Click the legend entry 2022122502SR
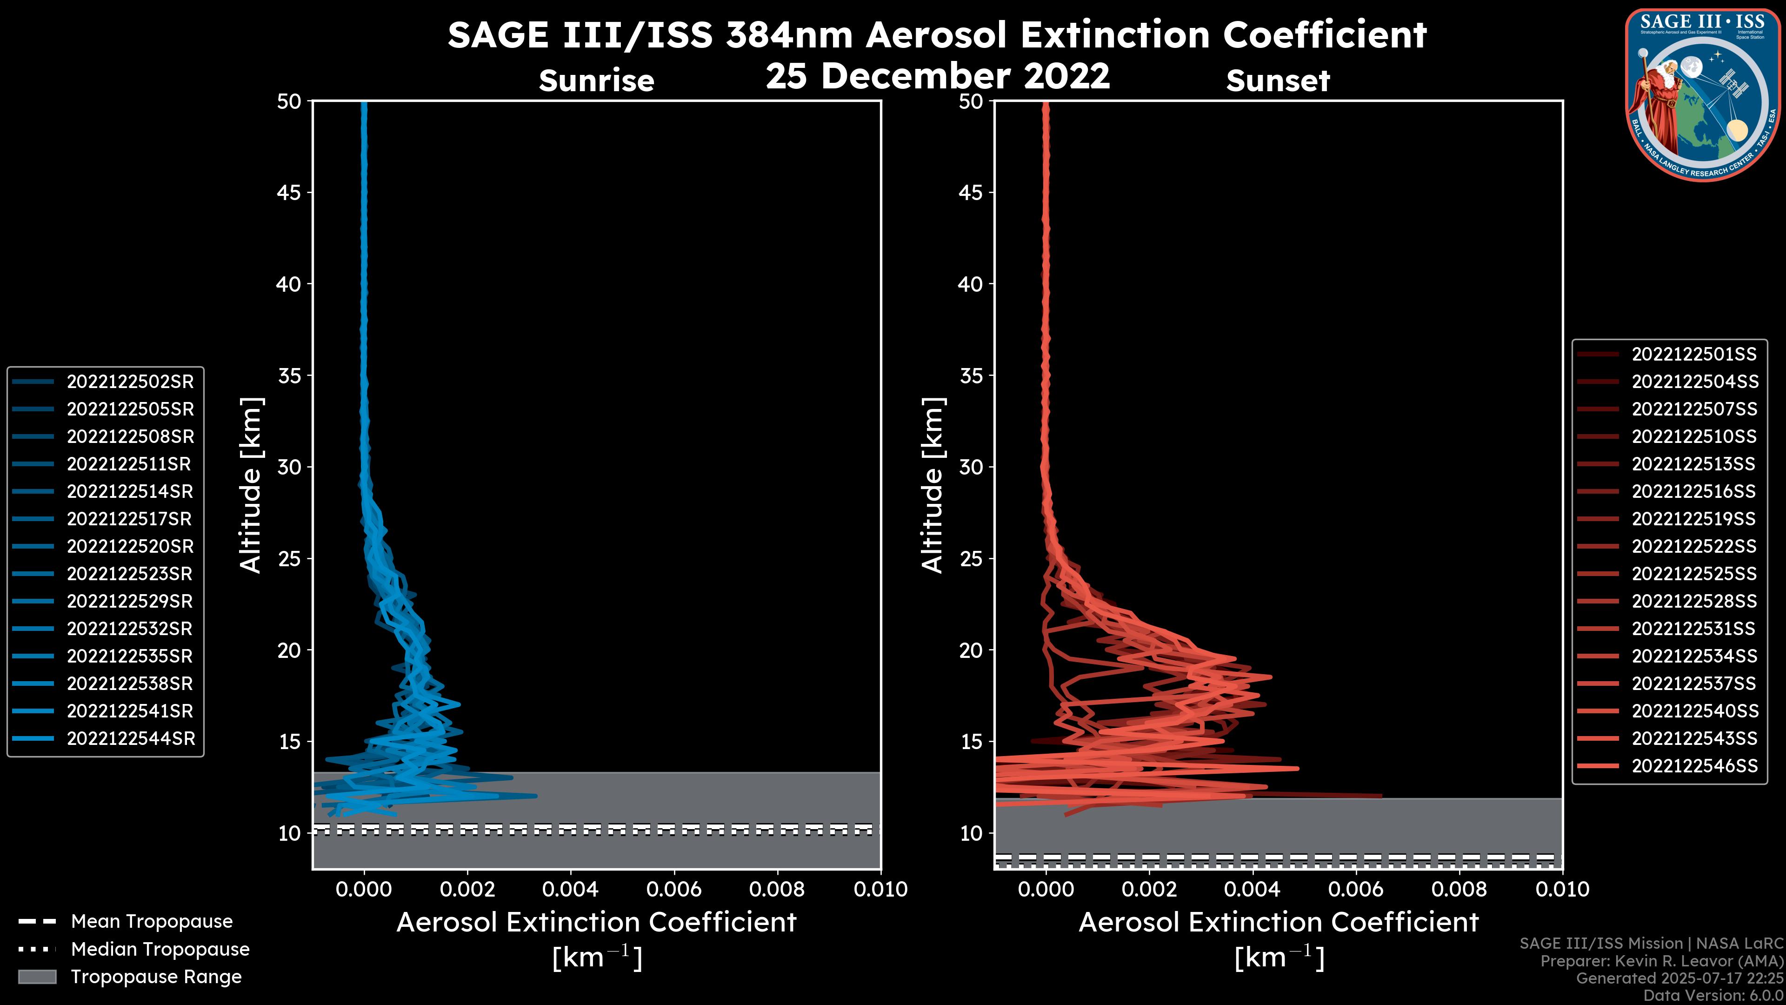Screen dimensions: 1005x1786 130,382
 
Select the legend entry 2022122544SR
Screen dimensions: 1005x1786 130,738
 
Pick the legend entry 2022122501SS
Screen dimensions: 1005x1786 1694,355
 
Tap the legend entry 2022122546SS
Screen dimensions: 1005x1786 1694,766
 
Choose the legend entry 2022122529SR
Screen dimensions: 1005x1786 130,601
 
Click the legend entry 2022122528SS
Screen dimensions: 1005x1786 1694,601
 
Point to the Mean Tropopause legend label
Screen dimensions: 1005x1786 152,921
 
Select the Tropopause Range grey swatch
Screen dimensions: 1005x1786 37,977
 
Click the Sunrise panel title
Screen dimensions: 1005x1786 596,80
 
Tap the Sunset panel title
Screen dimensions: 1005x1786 1278,80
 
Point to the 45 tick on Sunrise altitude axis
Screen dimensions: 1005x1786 289,192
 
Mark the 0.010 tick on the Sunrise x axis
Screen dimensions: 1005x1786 880,889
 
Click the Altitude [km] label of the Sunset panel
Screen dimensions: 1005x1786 933,485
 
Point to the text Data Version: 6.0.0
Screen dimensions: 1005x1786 1713,995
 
